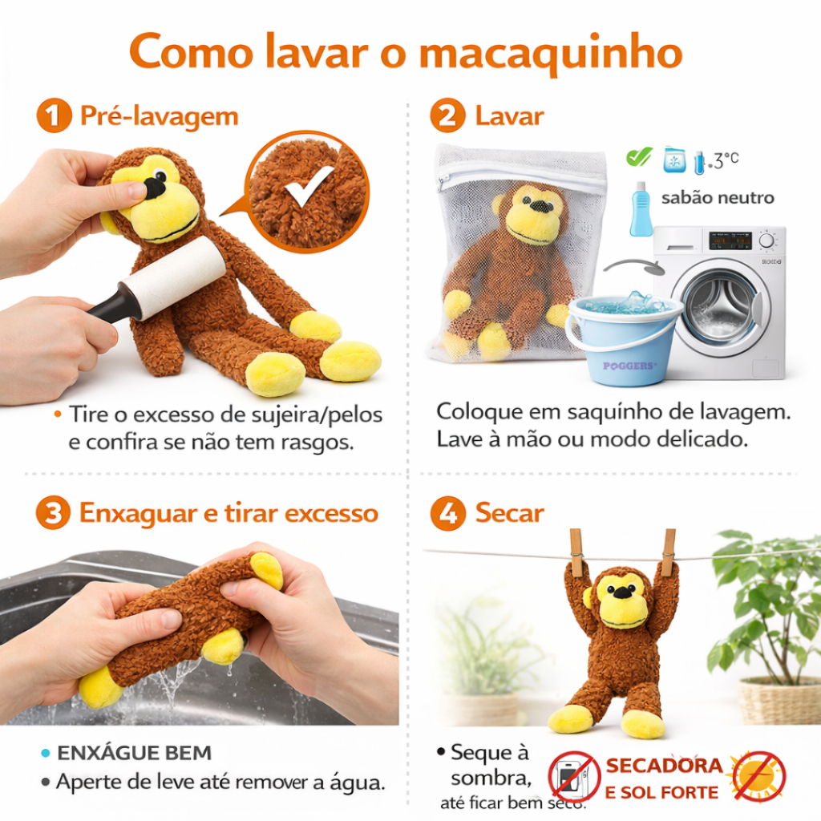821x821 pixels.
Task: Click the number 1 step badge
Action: pyautogui.click(x=54, y=115)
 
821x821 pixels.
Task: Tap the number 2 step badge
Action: pyautogui.click(x=447, y=115)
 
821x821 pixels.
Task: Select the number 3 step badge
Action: pyautogui.click(x=53, y=512)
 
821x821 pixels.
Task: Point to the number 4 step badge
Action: pyautogui.click(x=447, y=513)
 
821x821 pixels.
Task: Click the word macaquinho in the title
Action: pyautogui.click(x=551, y=54)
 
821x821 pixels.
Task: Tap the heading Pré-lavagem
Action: pyautogui.click(x=160, y=115)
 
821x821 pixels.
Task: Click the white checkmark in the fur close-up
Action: pyautogui.click(x=309, y=185)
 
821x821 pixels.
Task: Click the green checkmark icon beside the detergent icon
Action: pyautogui.click(x=639, y=156)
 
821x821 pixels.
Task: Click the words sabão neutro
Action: pyautogui.click(x=718, y=198)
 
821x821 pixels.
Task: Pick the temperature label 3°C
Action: pyautogui.click(x=726, y=160)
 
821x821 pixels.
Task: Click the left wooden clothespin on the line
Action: pyautogui.click(x=576, y=552)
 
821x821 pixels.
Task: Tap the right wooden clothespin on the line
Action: pyautogui.click(x=669, y=552)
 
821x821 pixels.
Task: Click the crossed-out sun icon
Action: pyautogui.click(x=759, y=776)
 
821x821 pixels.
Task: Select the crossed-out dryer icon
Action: pyautogui.click(x=574, y=777)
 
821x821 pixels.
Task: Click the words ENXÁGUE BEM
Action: pyautogui.click(x=134, y=753)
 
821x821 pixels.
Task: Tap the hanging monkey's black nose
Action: pyautogui.click(x=622, y=592)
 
